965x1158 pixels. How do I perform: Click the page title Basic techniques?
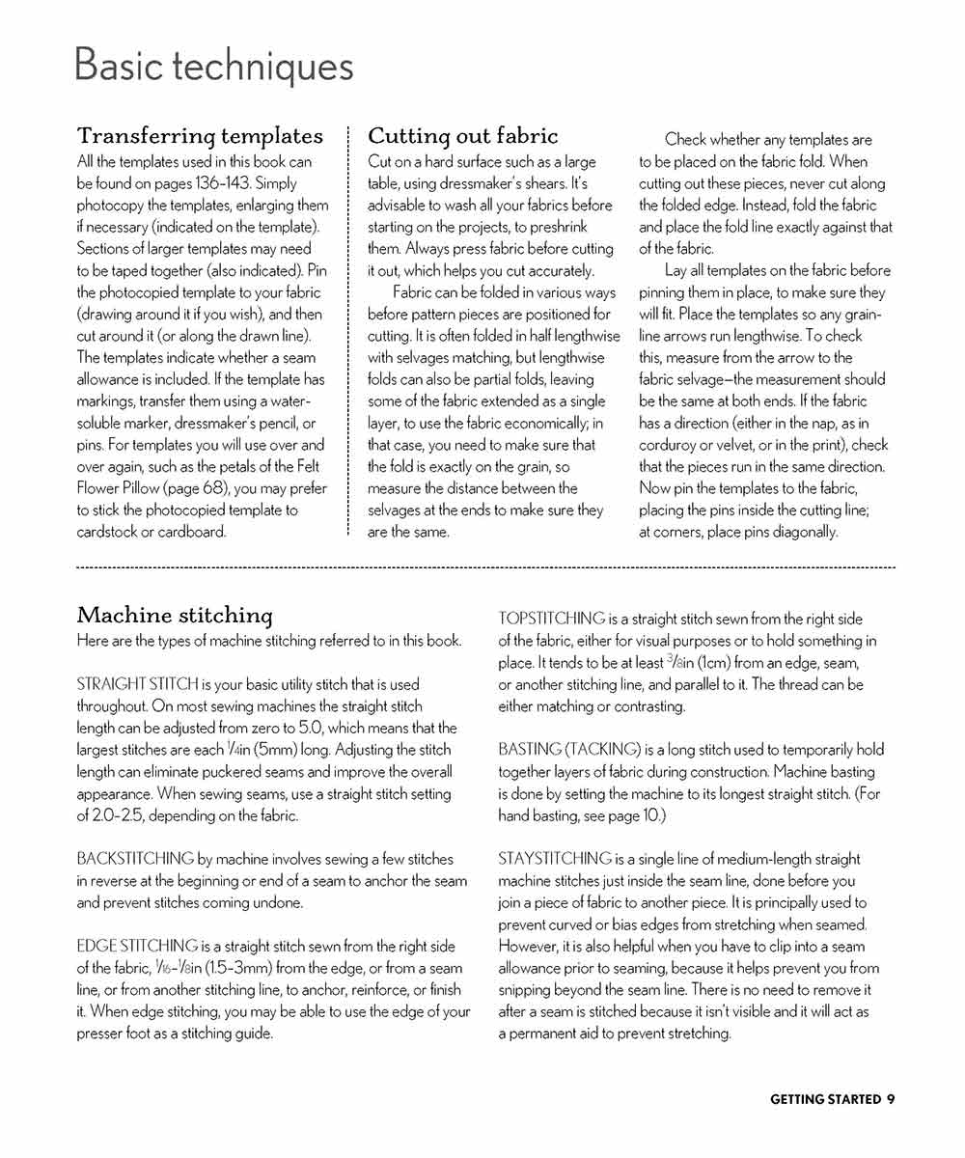pyautogui.click(x=213, y=67)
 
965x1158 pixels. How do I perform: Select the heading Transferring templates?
pyautogui.click(x=200, y=136)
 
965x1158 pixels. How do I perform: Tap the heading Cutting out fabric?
pyautogui.click(x=463, y=136)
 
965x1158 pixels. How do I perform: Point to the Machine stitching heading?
pyautogui.click(x=175, y=616)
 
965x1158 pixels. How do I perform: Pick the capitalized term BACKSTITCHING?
pyautogui.click(x=135, y=859)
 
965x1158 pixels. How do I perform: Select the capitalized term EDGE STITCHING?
pyautogui.click(x=138, y=946)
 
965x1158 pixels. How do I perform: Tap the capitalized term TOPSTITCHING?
pyautogui.click(x=552, y=619)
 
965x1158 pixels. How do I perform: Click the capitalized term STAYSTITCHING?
pyautogui.click(x=555, y=859)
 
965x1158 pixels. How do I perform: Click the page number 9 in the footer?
pyautogui.click(x=891, y=1099)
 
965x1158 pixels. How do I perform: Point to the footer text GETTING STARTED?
pyautogui.click(x=825, y=1099)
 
